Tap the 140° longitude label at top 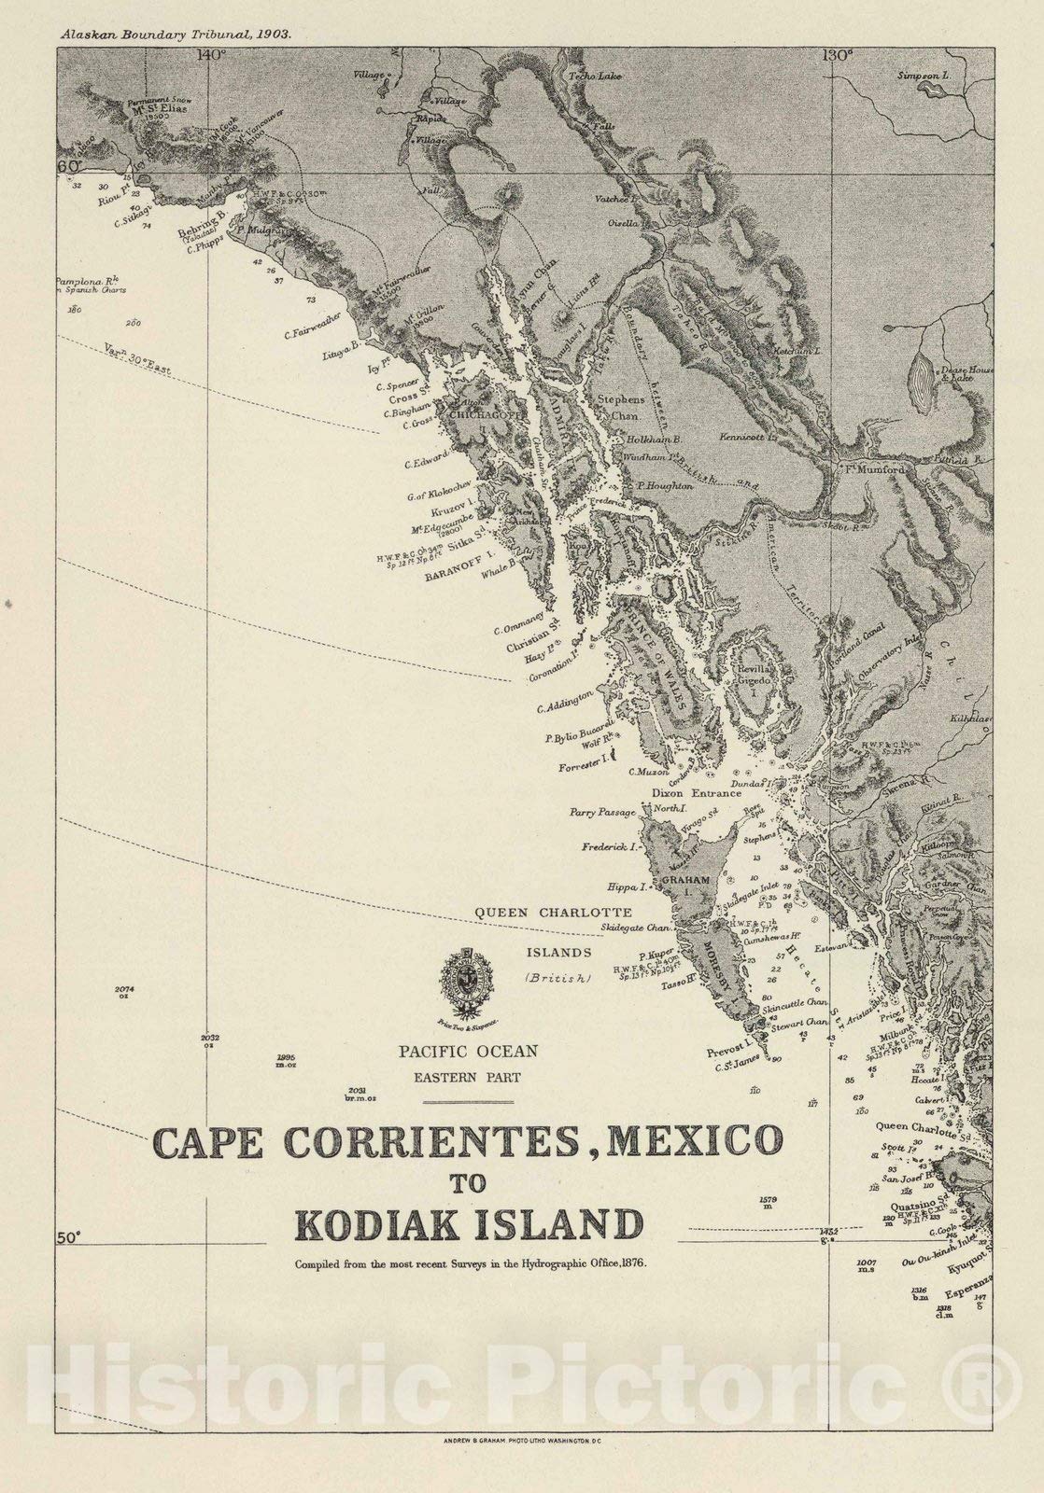coord(212,55)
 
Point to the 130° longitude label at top coord(838,55)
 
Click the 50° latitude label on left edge coord(67,1237)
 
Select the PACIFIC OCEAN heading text coord(468,1051)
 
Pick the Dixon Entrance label coord(696,793)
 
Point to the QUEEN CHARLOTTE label coord(553,912)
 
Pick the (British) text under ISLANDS coord(557,978)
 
